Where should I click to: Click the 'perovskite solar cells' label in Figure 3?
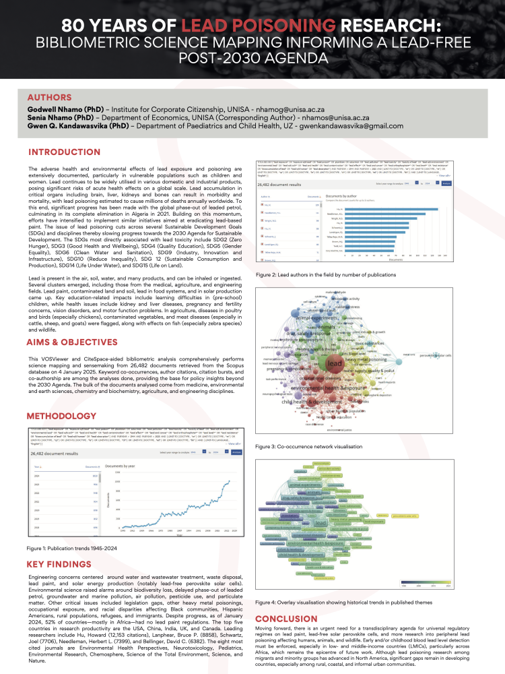point(435,355)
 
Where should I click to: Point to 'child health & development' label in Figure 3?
point(311,402)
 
